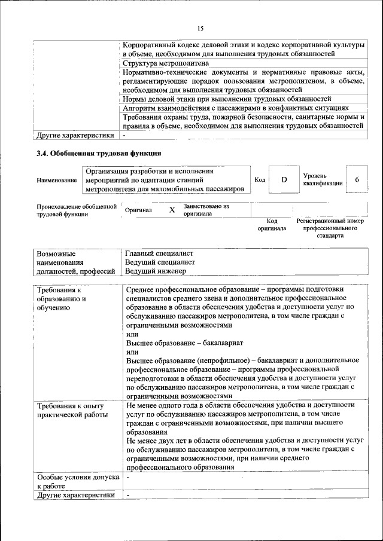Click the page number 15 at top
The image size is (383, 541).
(x=200, y=28)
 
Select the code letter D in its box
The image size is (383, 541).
(x=284, y=180)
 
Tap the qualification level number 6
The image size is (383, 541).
(x=357, y=180)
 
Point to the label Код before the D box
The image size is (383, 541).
(x=260, y=180)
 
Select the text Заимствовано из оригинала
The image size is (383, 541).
(x=206, y=210)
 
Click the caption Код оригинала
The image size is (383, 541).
(x=272, y=225)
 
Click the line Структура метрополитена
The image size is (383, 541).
(x=165, y=63)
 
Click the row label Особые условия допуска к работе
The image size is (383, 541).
(x=78, y=482)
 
